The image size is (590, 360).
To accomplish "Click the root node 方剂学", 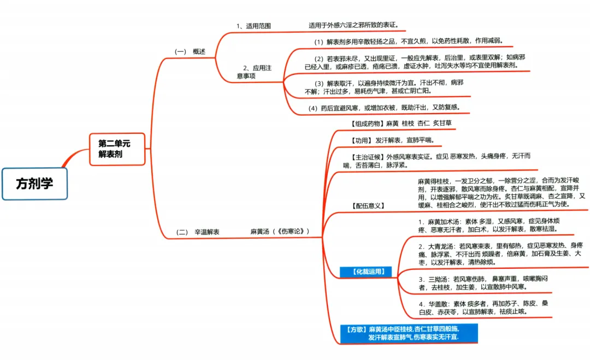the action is point(34,184).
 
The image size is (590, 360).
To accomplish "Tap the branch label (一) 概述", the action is point(190,51).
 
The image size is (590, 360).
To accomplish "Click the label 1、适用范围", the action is point(253,26).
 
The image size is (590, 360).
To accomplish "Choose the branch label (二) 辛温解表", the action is point(198,232).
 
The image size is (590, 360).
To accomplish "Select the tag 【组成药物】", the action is point(367,123).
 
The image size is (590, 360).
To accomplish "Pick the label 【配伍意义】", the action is point(367,205).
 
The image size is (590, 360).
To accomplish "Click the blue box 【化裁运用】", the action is point(365,272).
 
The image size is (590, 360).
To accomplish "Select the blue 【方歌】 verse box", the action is point(408,333).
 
